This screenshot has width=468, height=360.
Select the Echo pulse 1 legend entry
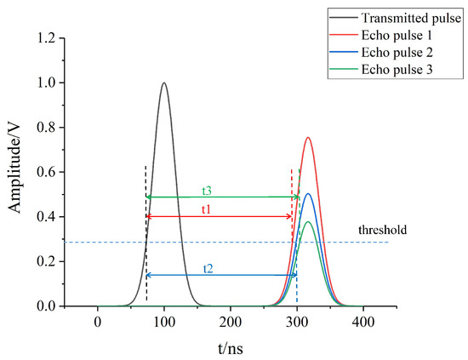point(396,37)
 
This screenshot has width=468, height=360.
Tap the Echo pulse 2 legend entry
point(396,53)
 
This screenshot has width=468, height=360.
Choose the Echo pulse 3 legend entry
point(396,70)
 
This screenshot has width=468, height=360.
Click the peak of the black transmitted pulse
point(164,83)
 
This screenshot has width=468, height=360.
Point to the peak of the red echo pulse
point(308,138)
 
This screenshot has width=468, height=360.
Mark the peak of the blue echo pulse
point(308,194)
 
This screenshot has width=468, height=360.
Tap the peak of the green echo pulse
point(308,222)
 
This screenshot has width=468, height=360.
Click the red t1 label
point(207,209)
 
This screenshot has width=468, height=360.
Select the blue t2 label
point(208,267)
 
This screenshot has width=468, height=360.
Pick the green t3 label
point(207,190)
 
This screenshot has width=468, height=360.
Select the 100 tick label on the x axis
point(164,323)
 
